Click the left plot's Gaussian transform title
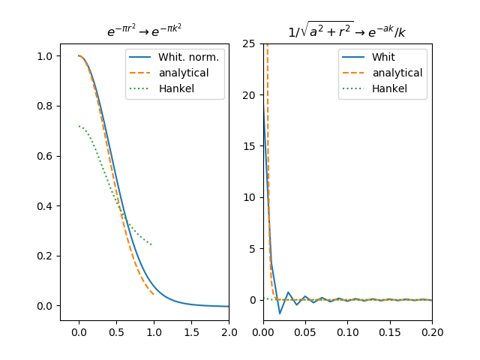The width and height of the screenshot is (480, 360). click(x=144, y=31)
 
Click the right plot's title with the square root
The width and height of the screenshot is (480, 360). click(x=347, y=31)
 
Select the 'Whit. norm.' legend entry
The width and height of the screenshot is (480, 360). click(x=188, y=57)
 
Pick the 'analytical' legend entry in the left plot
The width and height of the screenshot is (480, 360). click(x=184, y=73)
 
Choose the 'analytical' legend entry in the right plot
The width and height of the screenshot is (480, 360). click(x=397, y=73)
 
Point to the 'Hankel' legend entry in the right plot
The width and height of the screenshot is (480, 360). click(x=389, y=88)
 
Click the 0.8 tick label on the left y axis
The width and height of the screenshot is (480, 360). click(x=45, y=106)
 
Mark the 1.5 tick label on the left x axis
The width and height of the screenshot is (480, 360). click(x=191, y=331)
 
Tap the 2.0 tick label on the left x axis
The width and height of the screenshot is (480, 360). click(x=229, y=331)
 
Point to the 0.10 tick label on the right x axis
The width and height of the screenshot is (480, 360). click(x=347, y=331)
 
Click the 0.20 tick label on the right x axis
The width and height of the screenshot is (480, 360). click(x=432, y=331)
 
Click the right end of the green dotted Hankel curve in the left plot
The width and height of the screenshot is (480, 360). click(x=153, y=245)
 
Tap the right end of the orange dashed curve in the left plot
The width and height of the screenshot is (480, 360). click(x=154, y=294)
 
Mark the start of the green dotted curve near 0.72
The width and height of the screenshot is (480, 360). click(x=79, y=126)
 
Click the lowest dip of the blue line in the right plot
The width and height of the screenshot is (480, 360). click(x=280, y=313)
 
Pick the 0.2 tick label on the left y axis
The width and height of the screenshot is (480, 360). click(x=45, y=256)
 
